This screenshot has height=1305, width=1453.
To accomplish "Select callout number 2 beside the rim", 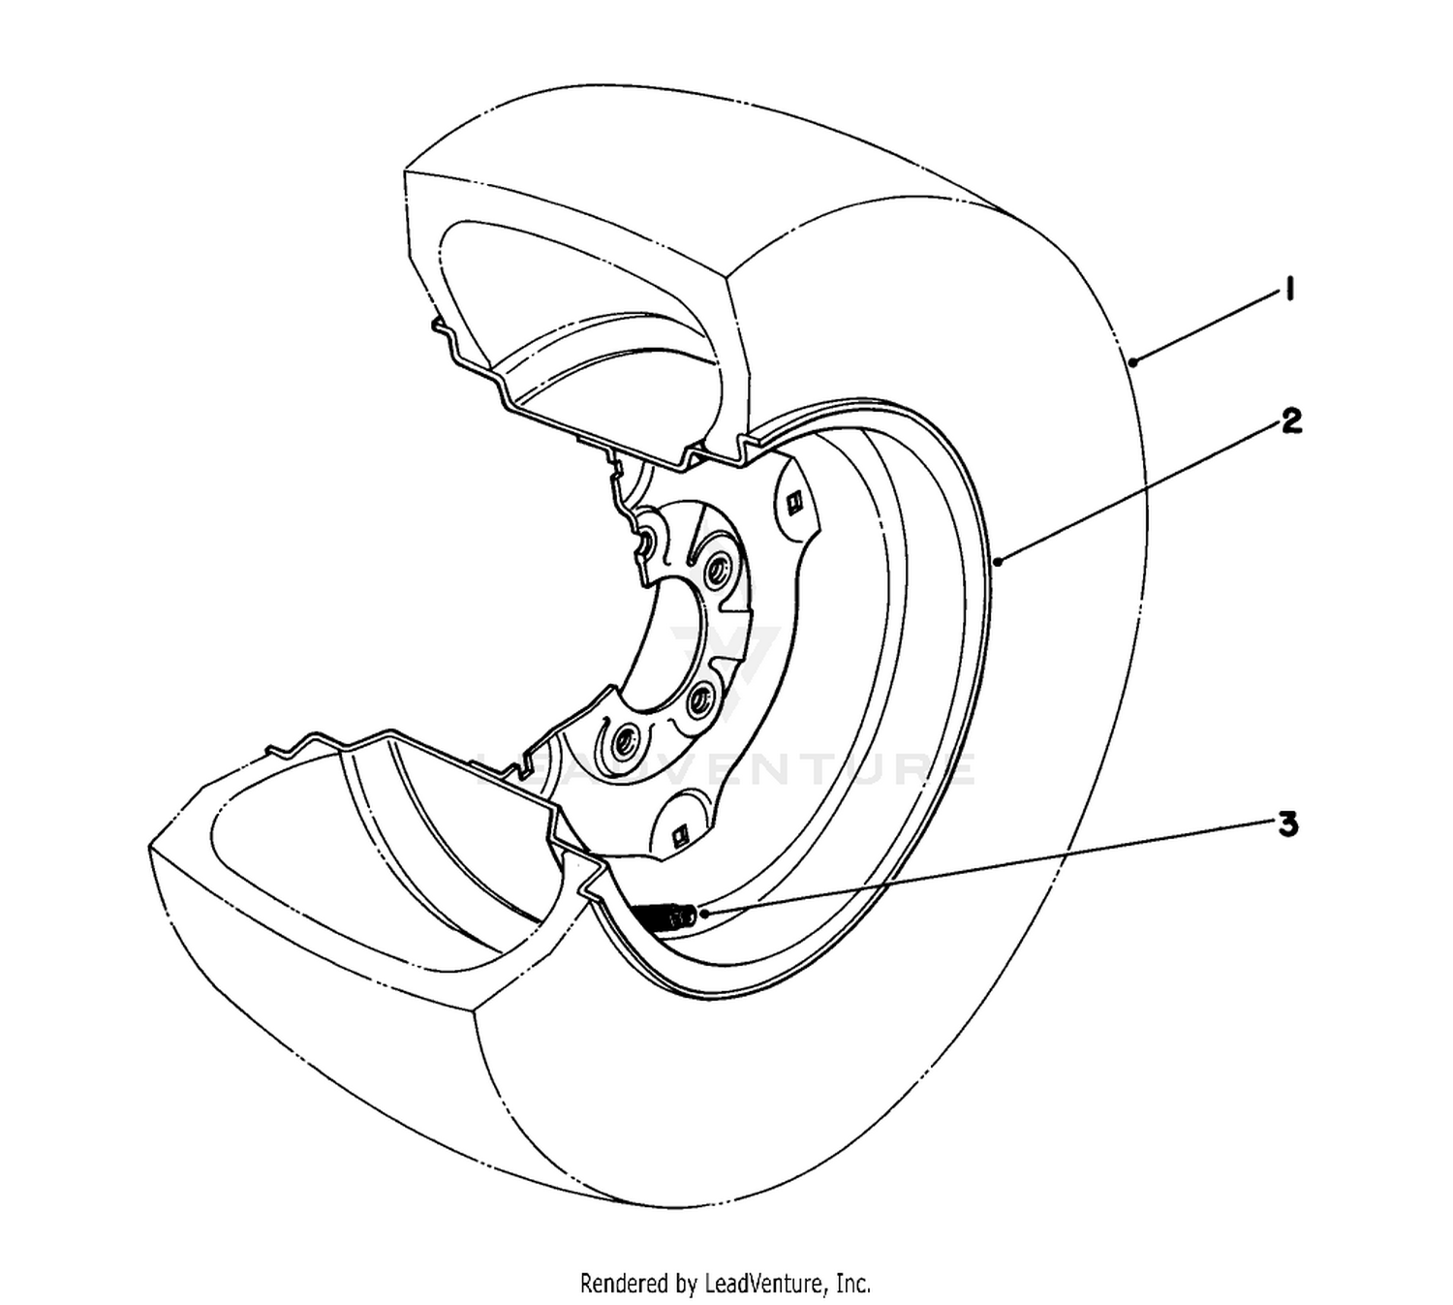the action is tap(1290, 421).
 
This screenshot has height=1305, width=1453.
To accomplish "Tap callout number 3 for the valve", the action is tap(1288, 825).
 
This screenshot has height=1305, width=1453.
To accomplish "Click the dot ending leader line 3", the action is tap(706, 914).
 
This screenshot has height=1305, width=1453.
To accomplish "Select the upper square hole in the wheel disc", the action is tap(794, 502).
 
